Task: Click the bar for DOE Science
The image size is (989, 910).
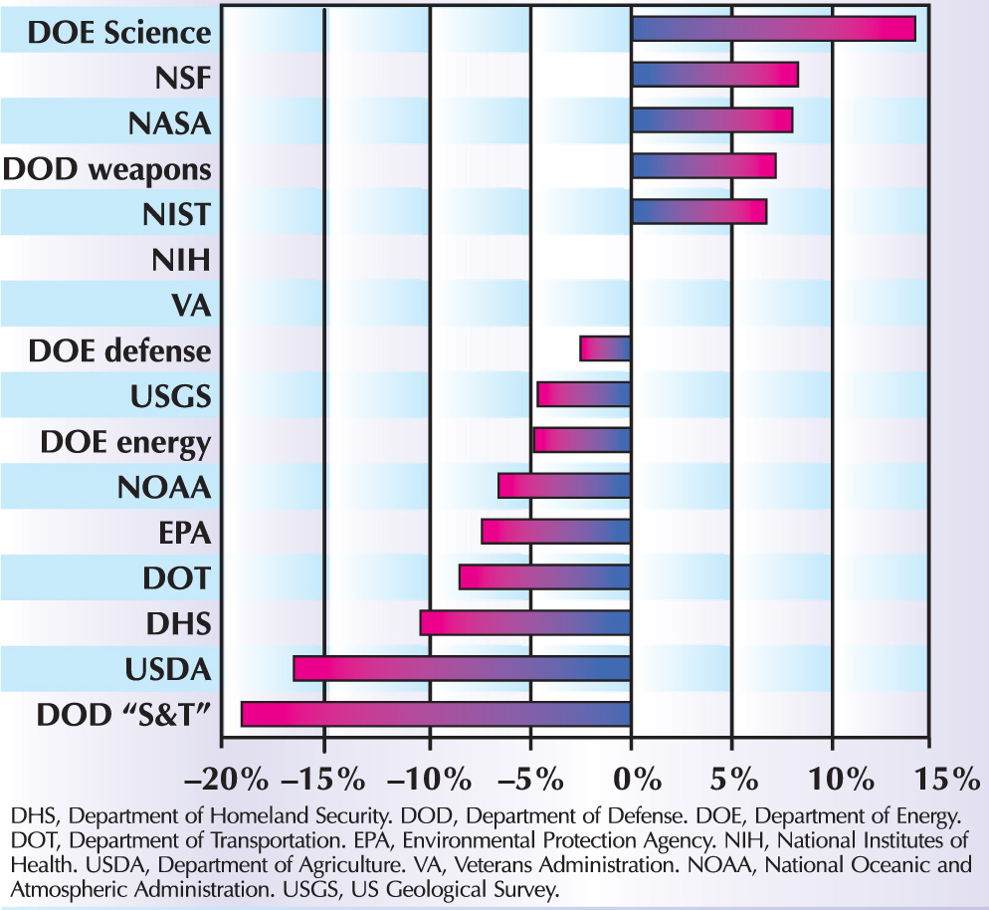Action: click(773, 29)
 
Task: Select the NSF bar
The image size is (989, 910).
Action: click(714, 75)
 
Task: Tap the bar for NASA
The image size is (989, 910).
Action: click(711, 120)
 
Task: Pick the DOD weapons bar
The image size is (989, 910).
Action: click(703, 166)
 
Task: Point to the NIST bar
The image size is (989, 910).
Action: click(698, 212)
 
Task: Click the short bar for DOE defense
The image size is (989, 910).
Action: click(606, 348)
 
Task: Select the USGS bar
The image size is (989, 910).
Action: click(584, 394)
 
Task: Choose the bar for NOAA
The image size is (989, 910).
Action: click(564, 486)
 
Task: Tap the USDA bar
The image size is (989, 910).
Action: click(462, 668)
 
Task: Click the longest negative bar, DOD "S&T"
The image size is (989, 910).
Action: click(436, 714)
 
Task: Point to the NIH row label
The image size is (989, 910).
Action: click(182, 262)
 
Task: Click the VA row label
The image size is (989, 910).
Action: click(191, 307)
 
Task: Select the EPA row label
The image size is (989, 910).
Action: click(185, 534)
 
